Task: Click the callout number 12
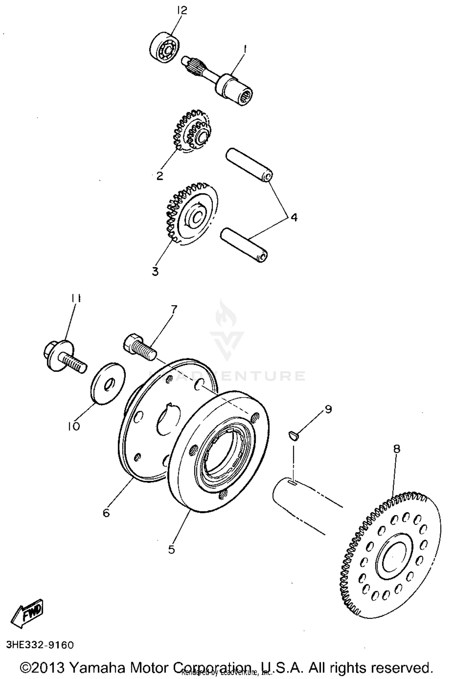pyautogui.click(x=182, y=11)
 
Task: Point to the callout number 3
pyautogui.click(x=155, y=271)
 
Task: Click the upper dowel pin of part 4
pyautogui.click(x=249, y=165)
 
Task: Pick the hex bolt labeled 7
pyautogui.click(x=139, y=347)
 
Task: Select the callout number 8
pyautogui.click(x=396, y=448)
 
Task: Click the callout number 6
pyautogui.click(x=106, y=513)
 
